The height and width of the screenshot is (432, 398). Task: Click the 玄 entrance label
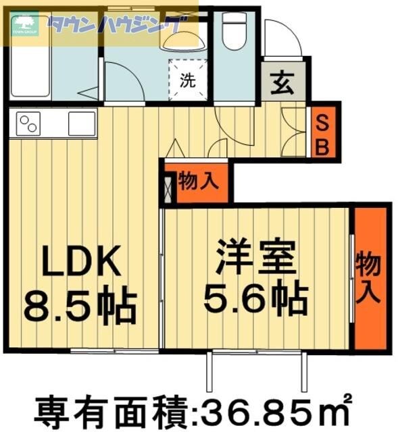point(282,84)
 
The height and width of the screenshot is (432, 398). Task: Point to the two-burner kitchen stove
point(29,124)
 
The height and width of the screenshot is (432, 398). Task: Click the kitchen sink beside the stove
point(82,124)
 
